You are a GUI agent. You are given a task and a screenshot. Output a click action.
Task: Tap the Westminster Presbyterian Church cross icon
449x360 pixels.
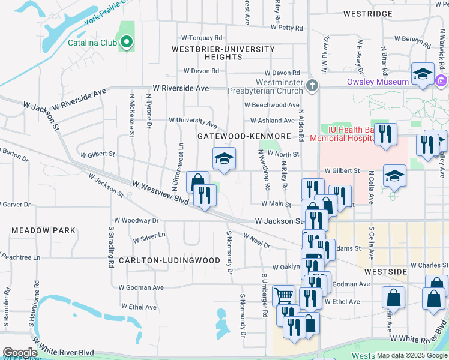click(x=311, y=85)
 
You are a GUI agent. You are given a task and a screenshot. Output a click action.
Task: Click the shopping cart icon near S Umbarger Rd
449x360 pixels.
click(x=283, y=295)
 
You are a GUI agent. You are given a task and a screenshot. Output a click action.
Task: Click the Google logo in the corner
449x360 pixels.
click(x=19, y=353)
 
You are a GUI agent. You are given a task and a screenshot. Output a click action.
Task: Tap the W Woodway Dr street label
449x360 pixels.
click(x=139, y=221)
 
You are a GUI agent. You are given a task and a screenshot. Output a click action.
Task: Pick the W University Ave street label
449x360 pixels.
click(x=192, y=122)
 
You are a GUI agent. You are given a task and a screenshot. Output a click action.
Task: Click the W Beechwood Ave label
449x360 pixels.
click(x=271, y=105)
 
